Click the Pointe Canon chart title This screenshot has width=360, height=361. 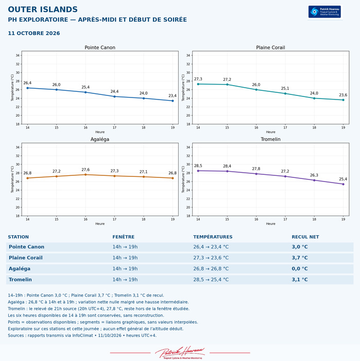click(x=100, y=47)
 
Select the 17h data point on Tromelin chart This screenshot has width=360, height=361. click(x=285, y=176)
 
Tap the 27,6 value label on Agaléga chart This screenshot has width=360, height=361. click(x=85, y=170)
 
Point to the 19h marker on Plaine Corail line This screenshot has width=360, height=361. click(x=343, y=100)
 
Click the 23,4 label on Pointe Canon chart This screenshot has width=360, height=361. click(x=173, y=95)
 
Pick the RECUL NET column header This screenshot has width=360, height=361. click(x=305, y=237)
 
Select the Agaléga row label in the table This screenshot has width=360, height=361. click(x=20, y=269)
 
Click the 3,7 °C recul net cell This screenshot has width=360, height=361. click(x=300, y=258)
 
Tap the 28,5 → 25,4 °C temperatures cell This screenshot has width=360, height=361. click(x=211, y=280)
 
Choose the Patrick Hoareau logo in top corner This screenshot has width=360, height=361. click(x=324, y=12)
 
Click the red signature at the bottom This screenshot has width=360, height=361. click(x=180, y=352)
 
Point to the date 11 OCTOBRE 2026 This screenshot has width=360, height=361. click(x=34, y=33)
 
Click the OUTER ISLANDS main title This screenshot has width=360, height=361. click(x=43, y=9)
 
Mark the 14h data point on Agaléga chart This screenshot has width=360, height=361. click(x=28, y=178)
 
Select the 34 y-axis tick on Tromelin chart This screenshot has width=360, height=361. click(x=188, y=147)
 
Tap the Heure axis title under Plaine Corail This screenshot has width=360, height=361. click(x=270, y=132)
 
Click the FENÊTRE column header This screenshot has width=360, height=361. click(x=124, y=237)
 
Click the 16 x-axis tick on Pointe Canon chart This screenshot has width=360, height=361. click(x=85, y=127)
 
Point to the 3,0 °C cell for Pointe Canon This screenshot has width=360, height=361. click(x=300, y=247)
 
